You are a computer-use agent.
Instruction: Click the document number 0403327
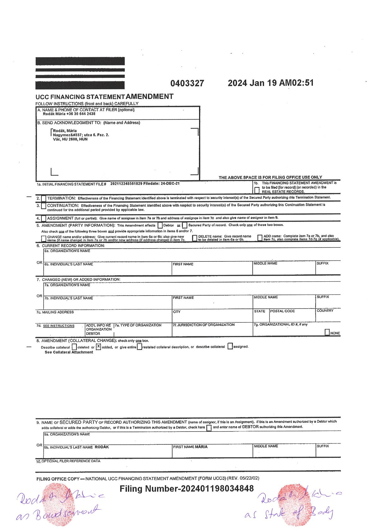[x=187, y=83]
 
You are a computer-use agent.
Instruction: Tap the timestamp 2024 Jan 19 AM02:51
[x=270, y=83]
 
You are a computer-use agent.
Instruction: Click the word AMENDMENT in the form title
[x=149, y=96]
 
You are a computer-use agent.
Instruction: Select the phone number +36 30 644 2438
[x=81, y=114]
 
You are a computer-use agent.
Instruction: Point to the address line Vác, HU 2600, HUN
[x=70, y=139]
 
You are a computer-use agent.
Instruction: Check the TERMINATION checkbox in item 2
[x=44, y=198]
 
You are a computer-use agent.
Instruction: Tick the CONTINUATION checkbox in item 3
[x=44, y=205]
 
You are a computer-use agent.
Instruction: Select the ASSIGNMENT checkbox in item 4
[x=44, y=218]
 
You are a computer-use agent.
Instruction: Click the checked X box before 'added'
[x=99, y=346]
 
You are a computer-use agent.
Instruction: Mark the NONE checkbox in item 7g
[x=327, y=332]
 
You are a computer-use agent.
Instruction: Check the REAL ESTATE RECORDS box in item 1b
[x=257, y=190]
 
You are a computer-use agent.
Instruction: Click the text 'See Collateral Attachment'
[x=69, y=352]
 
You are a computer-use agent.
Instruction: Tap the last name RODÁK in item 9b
[x=102, y=447]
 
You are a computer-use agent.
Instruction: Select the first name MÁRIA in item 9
[x=201, y=447]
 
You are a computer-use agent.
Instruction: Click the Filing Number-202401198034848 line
[x=186, y=489]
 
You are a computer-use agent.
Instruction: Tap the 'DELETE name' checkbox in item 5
[x=195, y=238]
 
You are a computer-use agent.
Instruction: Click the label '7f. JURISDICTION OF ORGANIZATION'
[x=203, y=325]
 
